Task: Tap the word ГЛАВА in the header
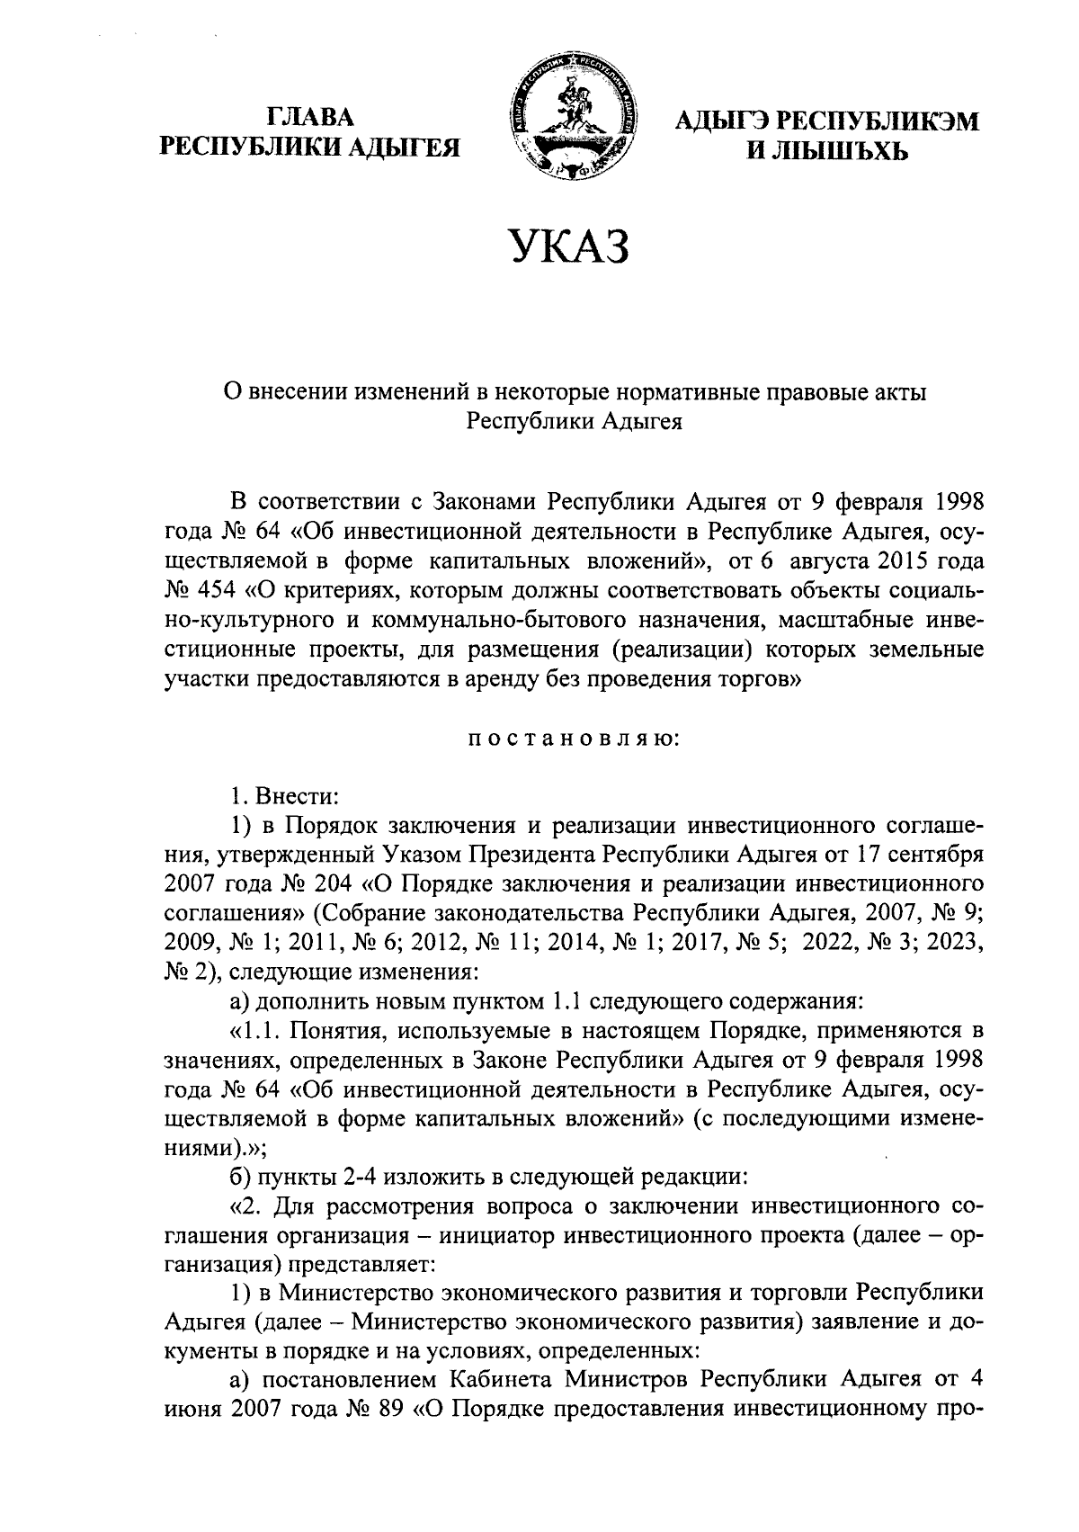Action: (x=310, y=118)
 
